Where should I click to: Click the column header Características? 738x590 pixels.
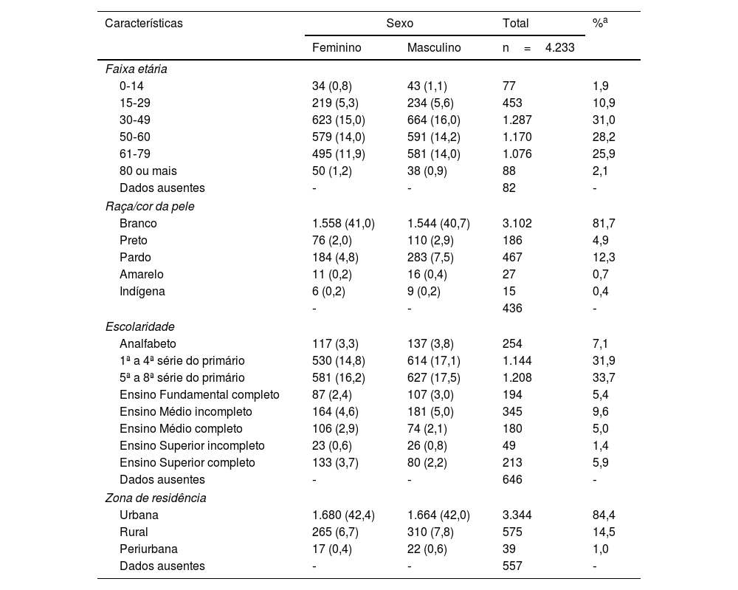[144, 24]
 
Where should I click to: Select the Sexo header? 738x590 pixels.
[399, 24]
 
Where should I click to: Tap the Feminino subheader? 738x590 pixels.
[337, 48]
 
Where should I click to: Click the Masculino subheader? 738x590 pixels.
[434, 48]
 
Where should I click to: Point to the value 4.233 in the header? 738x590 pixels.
[560, 48]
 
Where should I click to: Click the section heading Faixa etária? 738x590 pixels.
[136, 69]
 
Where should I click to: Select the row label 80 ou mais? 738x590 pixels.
[148, 171]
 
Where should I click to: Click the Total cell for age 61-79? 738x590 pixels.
[517, 154]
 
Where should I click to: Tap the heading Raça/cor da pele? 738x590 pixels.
[151, 206]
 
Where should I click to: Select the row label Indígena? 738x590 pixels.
[142, 292]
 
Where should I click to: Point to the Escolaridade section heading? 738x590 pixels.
[139, 326]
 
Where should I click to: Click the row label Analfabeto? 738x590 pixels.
[148, 343]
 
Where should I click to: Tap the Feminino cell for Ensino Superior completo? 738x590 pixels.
[336, 463]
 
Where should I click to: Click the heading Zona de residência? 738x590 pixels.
[156, 498]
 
